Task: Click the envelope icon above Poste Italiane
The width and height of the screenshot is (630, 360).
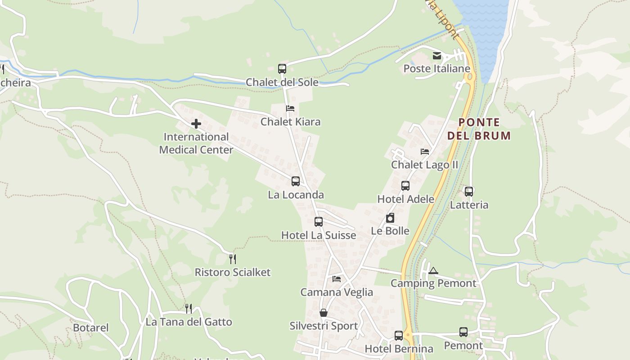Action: (x=436, y=56)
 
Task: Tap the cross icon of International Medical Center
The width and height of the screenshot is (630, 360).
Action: (x=196, y=123)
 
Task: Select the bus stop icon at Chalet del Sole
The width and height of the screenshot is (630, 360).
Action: (x=282, y=69)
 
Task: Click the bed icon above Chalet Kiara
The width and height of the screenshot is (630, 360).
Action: (x=290, y=108)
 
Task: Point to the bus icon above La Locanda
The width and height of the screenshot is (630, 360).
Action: (x=296, y=181)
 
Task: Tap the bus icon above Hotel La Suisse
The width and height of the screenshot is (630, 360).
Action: (x=319, y=222)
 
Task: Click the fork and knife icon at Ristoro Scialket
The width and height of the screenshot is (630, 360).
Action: (x=233, y=259)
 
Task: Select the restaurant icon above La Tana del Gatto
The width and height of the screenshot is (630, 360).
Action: (x=189, y=308)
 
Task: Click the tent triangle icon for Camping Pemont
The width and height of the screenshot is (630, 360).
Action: (x=433, y=270)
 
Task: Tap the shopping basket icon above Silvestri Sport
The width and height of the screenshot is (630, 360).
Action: (x=324, y=313)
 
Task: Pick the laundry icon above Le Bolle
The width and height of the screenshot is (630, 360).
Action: (x=390, y=218)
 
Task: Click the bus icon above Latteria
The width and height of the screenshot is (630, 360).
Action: (x=469, y=192)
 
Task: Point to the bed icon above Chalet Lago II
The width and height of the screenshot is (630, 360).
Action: (x=425, y=152)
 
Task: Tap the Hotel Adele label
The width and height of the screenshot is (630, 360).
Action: (x=405, y=199)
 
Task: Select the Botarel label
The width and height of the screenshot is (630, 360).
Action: (x=91, y=328)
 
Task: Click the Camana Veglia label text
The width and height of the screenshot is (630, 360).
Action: (x=337, y=292)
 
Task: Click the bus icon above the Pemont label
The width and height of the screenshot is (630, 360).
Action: (x=463, y=332)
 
